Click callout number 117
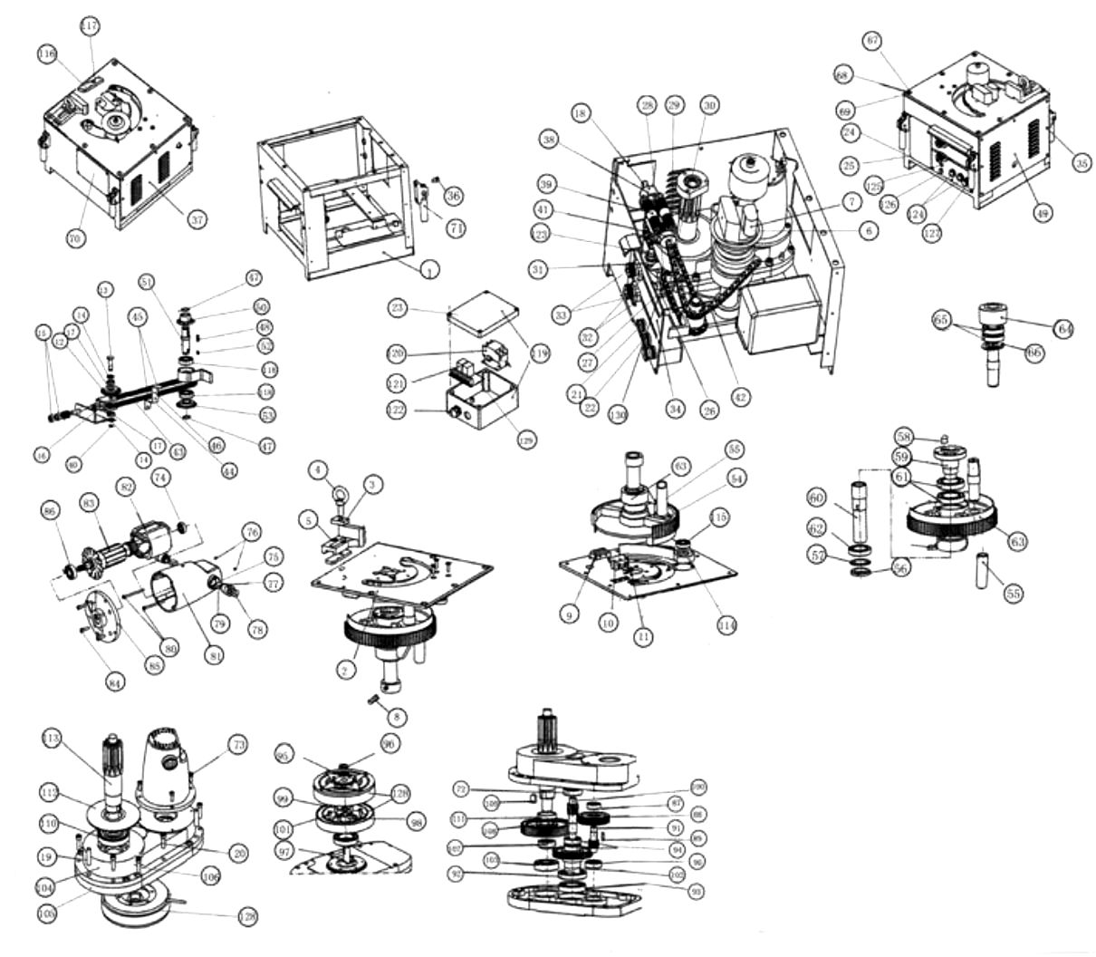coord(89,25)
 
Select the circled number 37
coord(197,219)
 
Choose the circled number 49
coord(1042,213)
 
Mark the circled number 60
coord(816,498)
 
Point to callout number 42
coord(741,395)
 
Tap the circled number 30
coord(709,106)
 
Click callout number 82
coord(124,487)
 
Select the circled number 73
coord(237,745)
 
